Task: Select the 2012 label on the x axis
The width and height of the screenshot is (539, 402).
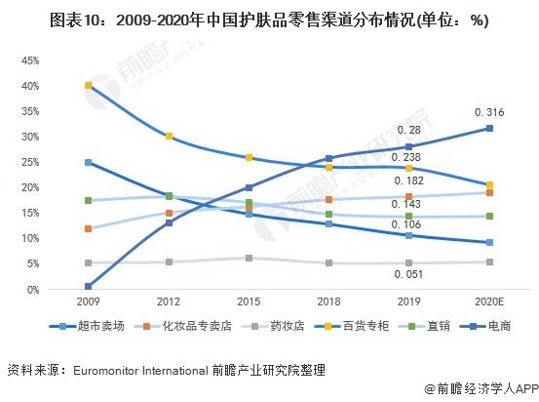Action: [x=170, y=303]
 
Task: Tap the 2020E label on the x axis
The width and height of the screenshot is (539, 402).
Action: [x=489, y=303]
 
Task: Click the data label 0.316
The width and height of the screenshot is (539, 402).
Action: [x=489, y=113]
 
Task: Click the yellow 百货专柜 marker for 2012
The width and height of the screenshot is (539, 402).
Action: [x=170, y=137]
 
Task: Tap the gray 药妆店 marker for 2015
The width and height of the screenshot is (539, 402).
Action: [x=250, y=259]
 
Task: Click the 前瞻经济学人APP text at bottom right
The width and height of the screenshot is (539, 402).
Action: [x=482, y=387]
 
